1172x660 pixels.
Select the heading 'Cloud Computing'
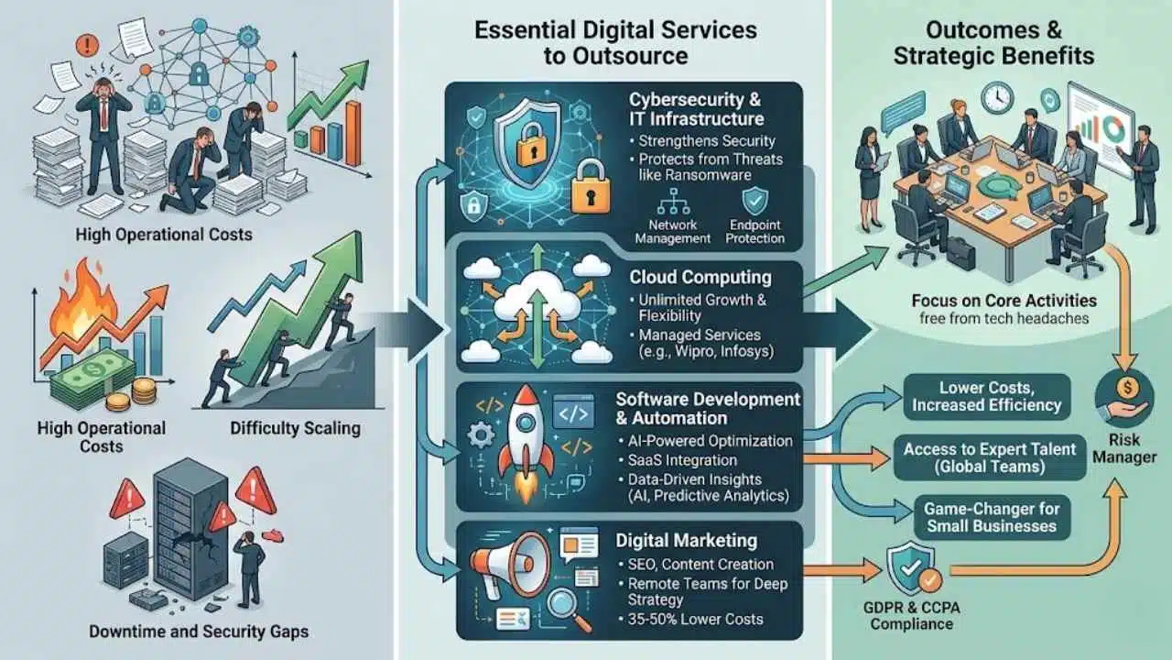(700, 276)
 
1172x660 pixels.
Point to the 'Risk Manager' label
(1125, 448)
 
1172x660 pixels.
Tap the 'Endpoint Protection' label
(755, 231)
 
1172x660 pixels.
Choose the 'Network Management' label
(673, 231)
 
